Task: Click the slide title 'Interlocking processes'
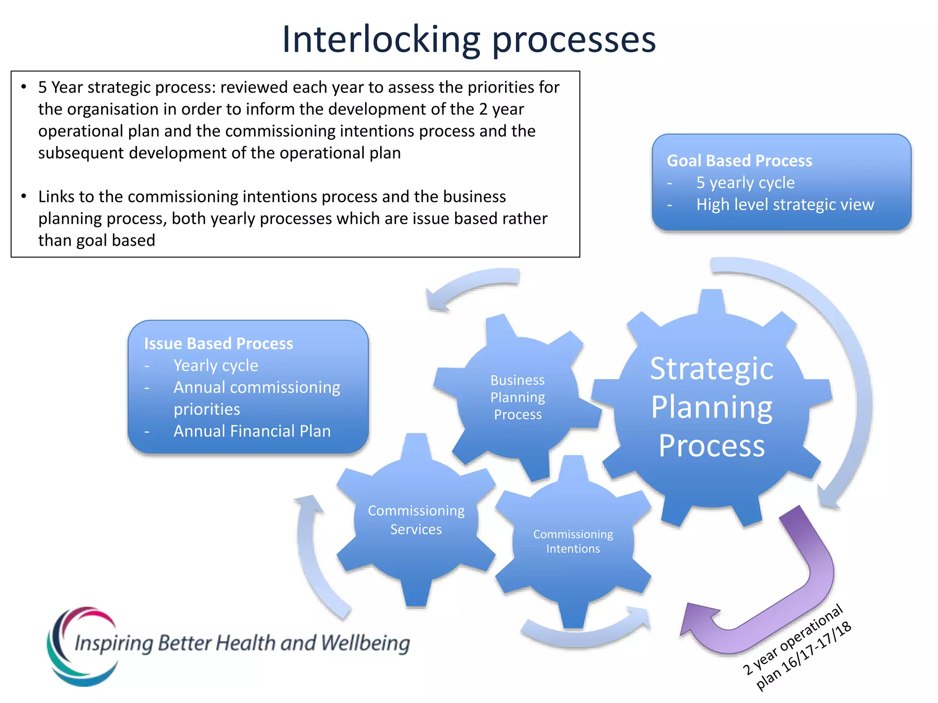(469, 39)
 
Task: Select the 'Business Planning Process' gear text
(518, 397)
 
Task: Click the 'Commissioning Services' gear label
(416, 520)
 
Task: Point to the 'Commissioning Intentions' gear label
(573, 541)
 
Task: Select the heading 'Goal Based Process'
(739, 161)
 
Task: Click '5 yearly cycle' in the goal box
(745, 183)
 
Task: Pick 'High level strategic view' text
(785, 205)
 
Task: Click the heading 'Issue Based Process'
(218, 344)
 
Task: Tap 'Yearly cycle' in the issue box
(216, 366)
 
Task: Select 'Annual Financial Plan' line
(252, 431)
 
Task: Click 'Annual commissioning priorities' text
(256, 398)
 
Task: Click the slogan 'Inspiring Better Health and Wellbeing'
(242, 643)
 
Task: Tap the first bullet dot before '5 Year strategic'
(24, 87)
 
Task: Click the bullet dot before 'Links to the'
(24, 196)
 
